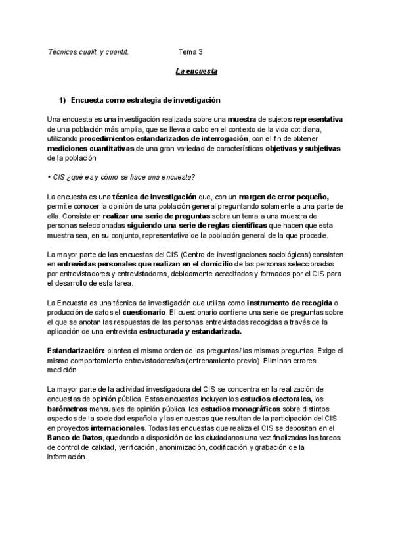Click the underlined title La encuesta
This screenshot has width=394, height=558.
(196, 70)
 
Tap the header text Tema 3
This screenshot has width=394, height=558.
(190, 51)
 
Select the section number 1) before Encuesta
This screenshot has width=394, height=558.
(63, 100)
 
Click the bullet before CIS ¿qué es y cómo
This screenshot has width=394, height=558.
(50, 177)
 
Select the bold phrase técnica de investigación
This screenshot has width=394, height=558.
(154, 197)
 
